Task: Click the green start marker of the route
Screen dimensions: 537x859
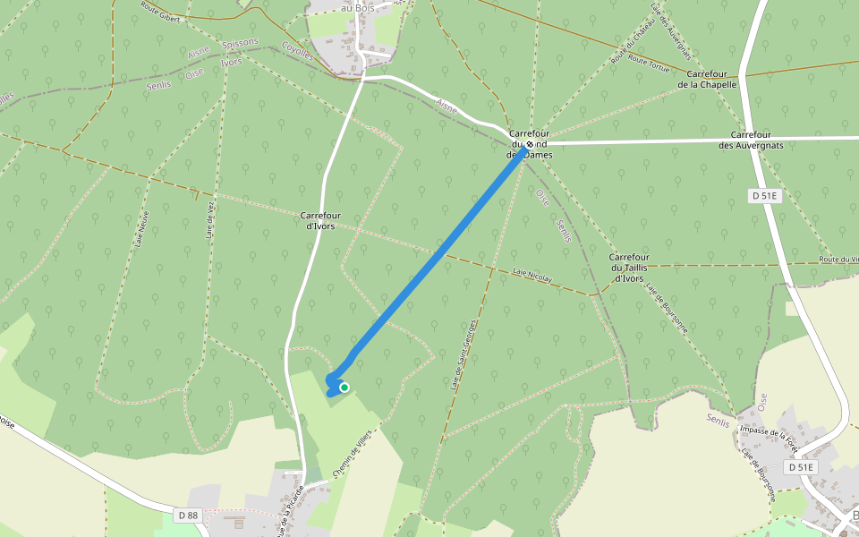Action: pyautogui.click(x=344, y=388)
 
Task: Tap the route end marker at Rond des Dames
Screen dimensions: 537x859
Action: pyautogui.click(x=530, y=143)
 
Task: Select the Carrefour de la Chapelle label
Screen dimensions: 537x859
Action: pyautogui.click(x=707, y=79)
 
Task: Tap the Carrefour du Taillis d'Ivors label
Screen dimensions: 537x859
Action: pyautogui.click(x=630, y=268)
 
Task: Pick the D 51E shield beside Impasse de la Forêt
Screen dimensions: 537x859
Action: pyautogui.click(x=801, y=467)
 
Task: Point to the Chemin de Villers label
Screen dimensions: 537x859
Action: pyautogui.click(x=352, y=450)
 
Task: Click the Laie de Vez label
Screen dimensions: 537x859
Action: pyautogui.click(x=210, y=220)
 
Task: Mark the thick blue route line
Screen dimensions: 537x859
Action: pyautogui.click(x=438, y=260)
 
